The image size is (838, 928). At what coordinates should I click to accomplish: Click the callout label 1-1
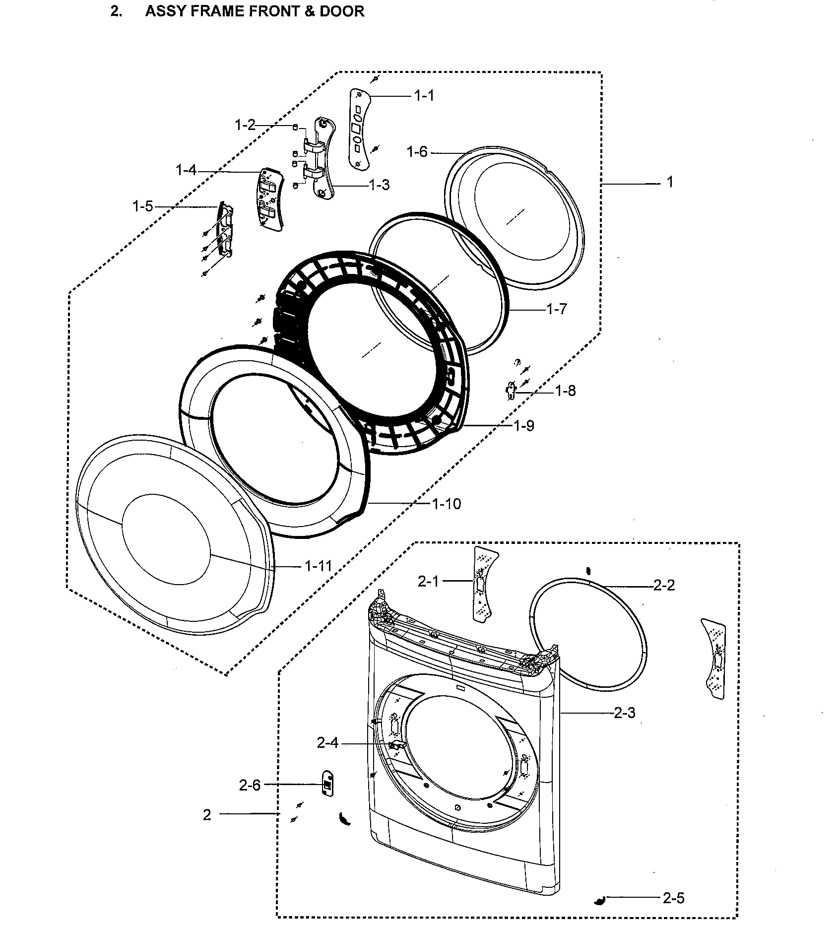coord(424,95)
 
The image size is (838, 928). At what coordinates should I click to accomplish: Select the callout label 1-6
coord(417,152)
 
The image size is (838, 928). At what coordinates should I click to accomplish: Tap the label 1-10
coord(446,504)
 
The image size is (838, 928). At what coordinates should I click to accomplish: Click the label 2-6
coord(250,785)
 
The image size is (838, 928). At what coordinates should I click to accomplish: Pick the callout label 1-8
coord(565,391)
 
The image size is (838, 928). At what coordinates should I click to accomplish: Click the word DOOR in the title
coord(342,11)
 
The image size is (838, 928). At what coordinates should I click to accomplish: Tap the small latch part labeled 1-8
coord(510,391)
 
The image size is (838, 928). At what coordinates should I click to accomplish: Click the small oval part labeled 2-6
coord(327,784)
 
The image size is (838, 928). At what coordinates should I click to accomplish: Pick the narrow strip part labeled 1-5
coord(225,231)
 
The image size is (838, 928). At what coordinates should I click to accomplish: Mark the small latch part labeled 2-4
coord(396,745)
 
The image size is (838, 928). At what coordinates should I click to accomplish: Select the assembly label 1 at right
coord(669,183)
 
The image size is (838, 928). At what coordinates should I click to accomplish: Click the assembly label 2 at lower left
coord(207,815)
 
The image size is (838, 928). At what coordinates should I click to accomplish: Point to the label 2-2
coord(664,586)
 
